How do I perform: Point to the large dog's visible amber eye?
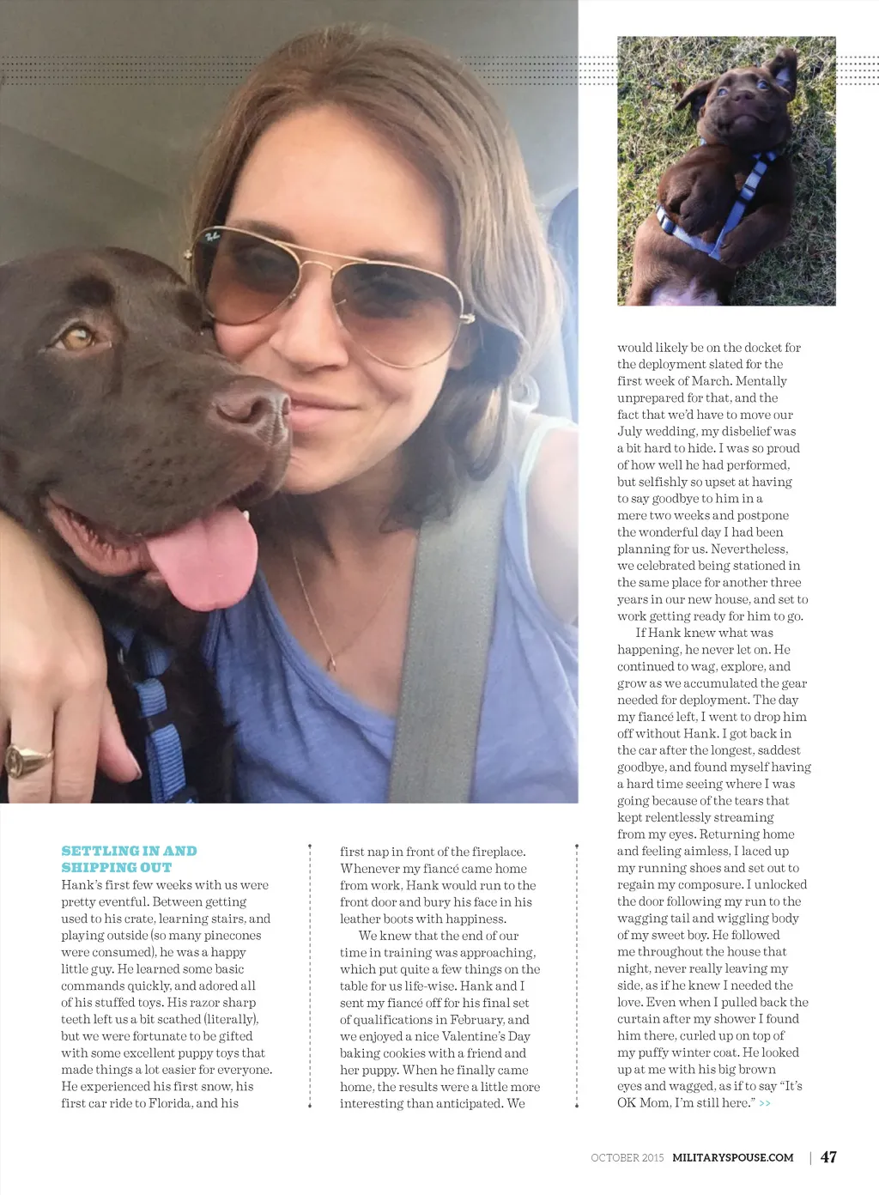[x=78, y=337]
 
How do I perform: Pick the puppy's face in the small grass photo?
[x=739, y=94]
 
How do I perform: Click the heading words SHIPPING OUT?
[x=117, y=868]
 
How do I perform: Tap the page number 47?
[x=828, y=1157]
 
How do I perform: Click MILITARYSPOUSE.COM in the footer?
[x=732, y=1158]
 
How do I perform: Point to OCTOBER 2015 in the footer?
[x=627, y=1158]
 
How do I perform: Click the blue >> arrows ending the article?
[x=765, y=1103]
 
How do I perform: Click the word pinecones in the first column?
[x=233, y=936]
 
